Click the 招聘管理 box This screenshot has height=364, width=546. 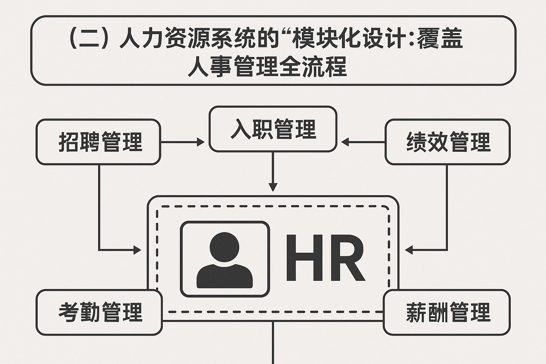click(x=98, y=142)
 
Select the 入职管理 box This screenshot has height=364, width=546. click(x=273, y=129)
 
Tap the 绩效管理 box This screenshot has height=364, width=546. click(x=448, y=142)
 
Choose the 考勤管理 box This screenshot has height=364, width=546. click(x=99, y=312)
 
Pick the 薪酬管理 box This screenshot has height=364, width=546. click(x=447, y=312)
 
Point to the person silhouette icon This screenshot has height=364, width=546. click(x=225, y=259)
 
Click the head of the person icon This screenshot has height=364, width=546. click(x=225, y=246)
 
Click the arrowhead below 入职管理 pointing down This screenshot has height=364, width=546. click(x=273, y=187)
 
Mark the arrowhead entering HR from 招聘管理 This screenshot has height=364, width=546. click(x=137, y=250)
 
